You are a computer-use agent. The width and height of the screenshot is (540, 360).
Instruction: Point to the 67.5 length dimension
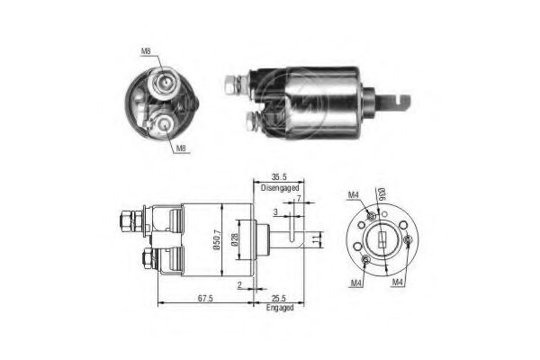point(206,300)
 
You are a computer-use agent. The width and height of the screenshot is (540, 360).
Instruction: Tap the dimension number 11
point(315,238)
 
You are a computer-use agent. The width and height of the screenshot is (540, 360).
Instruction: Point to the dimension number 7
point(297,199)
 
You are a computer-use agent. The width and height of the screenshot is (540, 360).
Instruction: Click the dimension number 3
point(276,211)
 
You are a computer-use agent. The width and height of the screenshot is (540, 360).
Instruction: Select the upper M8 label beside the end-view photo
point(147,51)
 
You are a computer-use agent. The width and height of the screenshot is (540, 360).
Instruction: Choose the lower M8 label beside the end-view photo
point(181,149)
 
